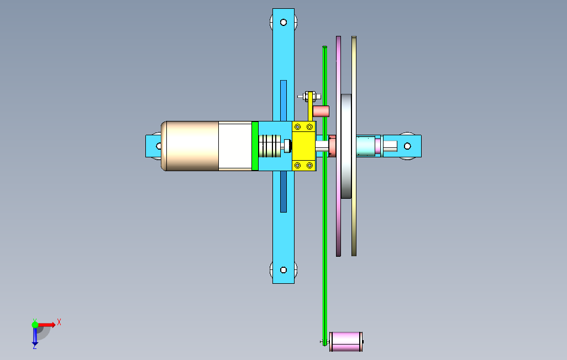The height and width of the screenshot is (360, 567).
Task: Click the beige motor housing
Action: (190, 146)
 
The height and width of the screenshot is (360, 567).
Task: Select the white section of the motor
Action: (235, 146)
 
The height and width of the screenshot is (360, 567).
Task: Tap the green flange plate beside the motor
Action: (255, 146)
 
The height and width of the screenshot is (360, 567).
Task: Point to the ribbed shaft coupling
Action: (270, 146)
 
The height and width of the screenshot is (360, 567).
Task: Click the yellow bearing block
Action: (304, 146)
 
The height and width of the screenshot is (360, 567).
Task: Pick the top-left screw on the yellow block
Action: (298, 127)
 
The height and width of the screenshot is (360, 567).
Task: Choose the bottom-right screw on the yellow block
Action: (309, 166)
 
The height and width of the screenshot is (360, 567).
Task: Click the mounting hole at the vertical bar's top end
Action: (283, 23)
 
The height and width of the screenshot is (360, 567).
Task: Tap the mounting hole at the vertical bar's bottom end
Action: (283, 270)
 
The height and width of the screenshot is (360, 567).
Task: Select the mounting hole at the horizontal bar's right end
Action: (407, 146)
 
